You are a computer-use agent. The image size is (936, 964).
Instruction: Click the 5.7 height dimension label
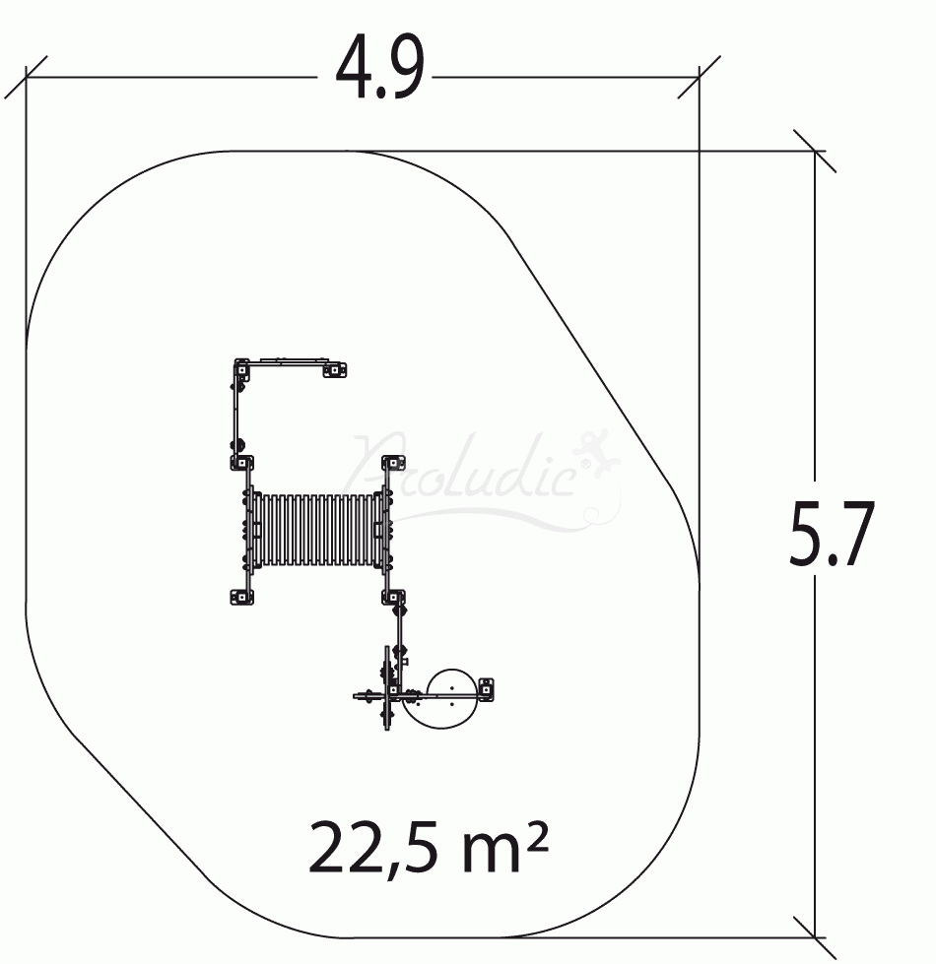(x=832, y=535)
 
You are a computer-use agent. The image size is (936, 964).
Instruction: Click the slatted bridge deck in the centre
(x=317, y=528)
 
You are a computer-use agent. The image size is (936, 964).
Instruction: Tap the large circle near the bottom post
(x=452, y=698)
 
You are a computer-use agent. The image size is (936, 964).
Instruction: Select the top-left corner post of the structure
(x=241, y=370)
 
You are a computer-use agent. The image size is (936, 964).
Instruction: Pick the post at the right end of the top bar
(x=335, y=369)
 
